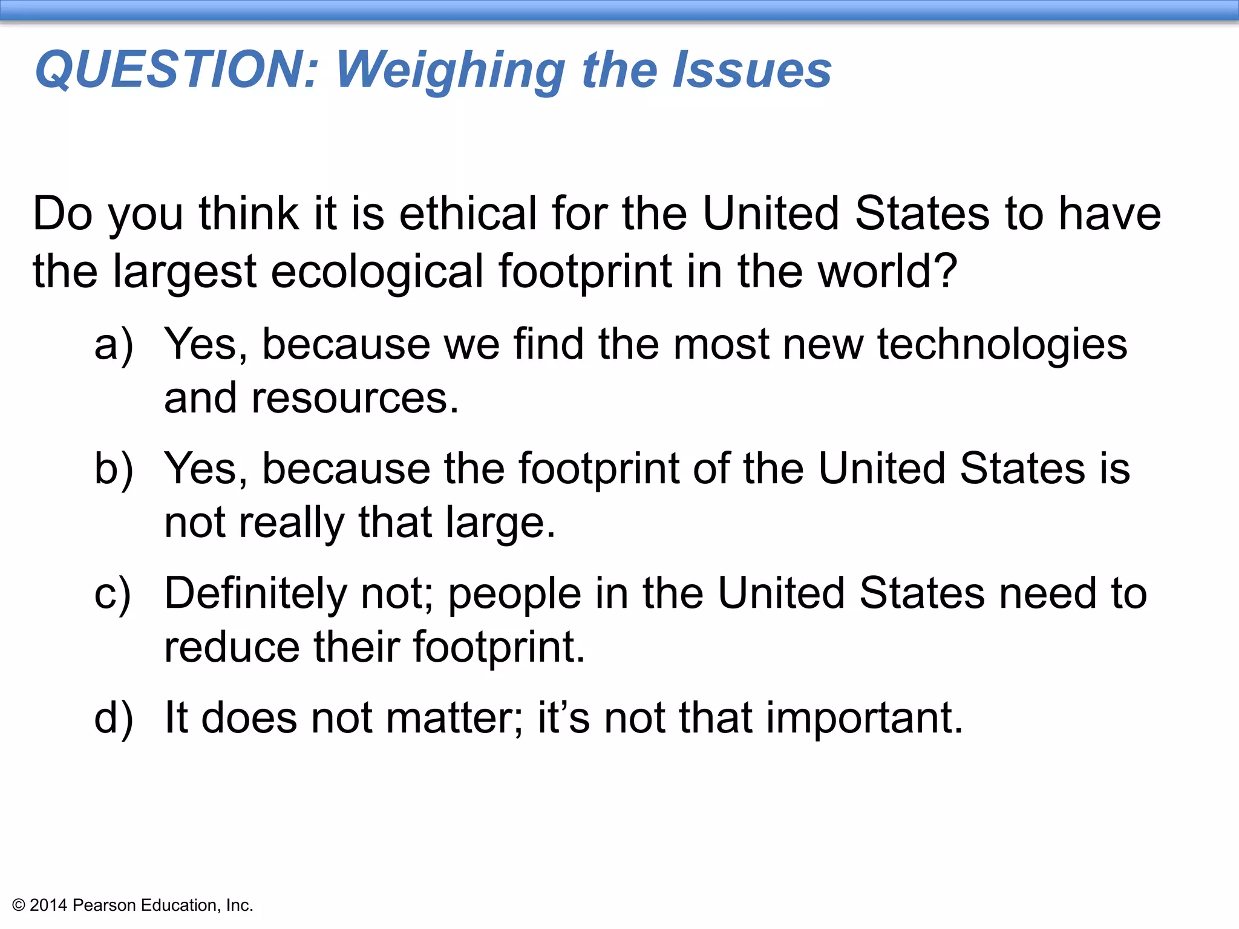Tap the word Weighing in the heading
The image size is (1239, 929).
(x=450, y=71)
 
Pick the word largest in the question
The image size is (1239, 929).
(x=185, y=272)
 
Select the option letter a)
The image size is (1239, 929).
(x=114, y=345)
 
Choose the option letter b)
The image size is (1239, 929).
(x=114, y=469)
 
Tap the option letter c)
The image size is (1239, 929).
(x=113, y=594)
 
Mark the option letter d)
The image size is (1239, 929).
(x=114, y=719)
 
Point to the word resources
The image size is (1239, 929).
(x=355, y=399)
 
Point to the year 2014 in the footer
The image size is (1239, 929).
(x=48, y=905)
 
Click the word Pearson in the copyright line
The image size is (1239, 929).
(x=104, y=905)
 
